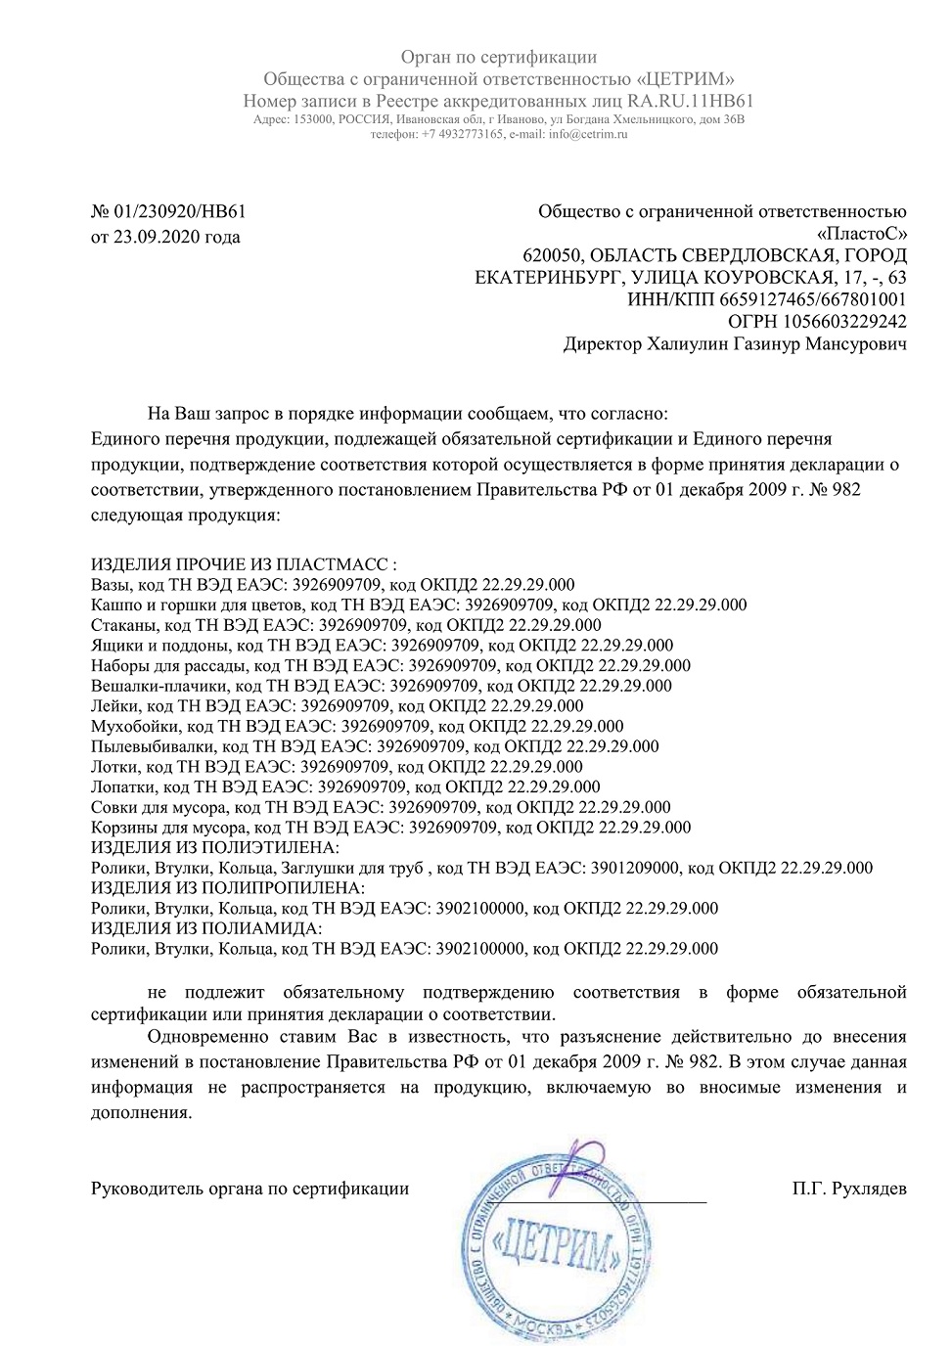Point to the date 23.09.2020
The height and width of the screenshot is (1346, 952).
tap(152, 237)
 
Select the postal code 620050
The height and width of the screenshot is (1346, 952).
tap(550, 255)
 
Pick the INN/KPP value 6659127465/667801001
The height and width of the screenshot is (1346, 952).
tap(808, 299)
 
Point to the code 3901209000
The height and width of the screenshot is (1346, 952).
tap(632, 868)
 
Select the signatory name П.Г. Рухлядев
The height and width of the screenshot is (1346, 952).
tap(849, 1189)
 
